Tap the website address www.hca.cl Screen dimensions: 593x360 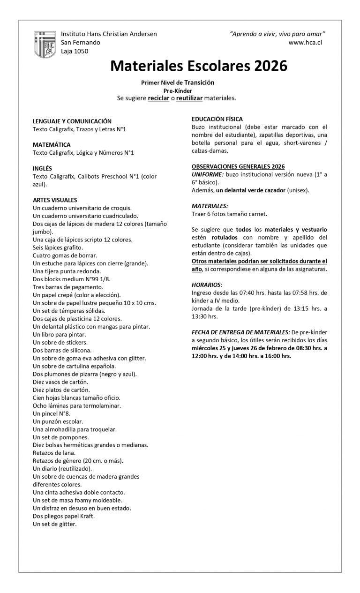(x=305, y=42)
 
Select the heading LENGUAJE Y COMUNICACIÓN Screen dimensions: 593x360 (x=72, y=121)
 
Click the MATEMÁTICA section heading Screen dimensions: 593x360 (x=52, y=144)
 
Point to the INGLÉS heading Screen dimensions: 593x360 (x=42, y=168)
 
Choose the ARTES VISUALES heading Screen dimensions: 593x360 (x=55, y=200)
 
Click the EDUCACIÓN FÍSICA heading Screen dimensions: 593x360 (x=217, y=119)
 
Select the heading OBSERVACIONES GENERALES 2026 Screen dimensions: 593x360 (x=238, y=166)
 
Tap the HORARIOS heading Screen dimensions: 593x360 (x=207, y=285)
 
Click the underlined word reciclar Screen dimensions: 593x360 (x=158, y=98)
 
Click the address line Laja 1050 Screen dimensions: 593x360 (x=75, y=51)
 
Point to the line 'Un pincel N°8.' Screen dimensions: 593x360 (x=52, y=413)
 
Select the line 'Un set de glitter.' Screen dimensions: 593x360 (x=55, y=524)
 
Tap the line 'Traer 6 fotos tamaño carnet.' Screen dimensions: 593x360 (x=229, y=214)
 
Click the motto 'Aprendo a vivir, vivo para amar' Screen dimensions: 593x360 (x=277, y=34)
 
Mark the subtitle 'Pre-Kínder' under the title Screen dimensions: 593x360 (x=178, y=90)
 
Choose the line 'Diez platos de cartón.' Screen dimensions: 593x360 (x=61, y=390)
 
